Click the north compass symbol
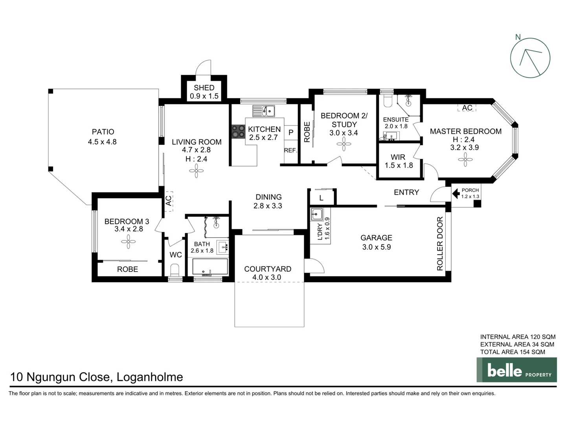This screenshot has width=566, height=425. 530,57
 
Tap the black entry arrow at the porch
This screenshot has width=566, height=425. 456,193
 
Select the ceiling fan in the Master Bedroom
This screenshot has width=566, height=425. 465,160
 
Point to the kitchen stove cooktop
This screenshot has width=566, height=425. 238,131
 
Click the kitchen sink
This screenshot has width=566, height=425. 264,111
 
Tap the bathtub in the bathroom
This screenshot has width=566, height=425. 210,267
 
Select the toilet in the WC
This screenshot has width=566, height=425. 175,270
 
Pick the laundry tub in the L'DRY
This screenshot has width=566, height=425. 317,214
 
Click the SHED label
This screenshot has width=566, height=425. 204,88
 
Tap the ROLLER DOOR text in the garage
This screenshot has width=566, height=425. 440,244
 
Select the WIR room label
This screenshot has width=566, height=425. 398,157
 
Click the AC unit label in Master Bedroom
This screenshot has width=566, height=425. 467,108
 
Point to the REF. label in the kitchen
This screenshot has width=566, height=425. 290,150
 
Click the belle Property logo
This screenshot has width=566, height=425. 516,370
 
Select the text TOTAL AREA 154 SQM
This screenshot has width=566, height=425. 513,352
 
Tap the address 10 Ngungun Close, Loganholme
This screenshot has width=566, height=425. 97,377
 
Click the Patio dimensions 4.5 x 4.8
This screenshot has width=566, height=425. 102,142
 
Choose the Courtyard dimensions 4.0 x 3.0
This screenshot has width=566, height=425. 267,277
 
